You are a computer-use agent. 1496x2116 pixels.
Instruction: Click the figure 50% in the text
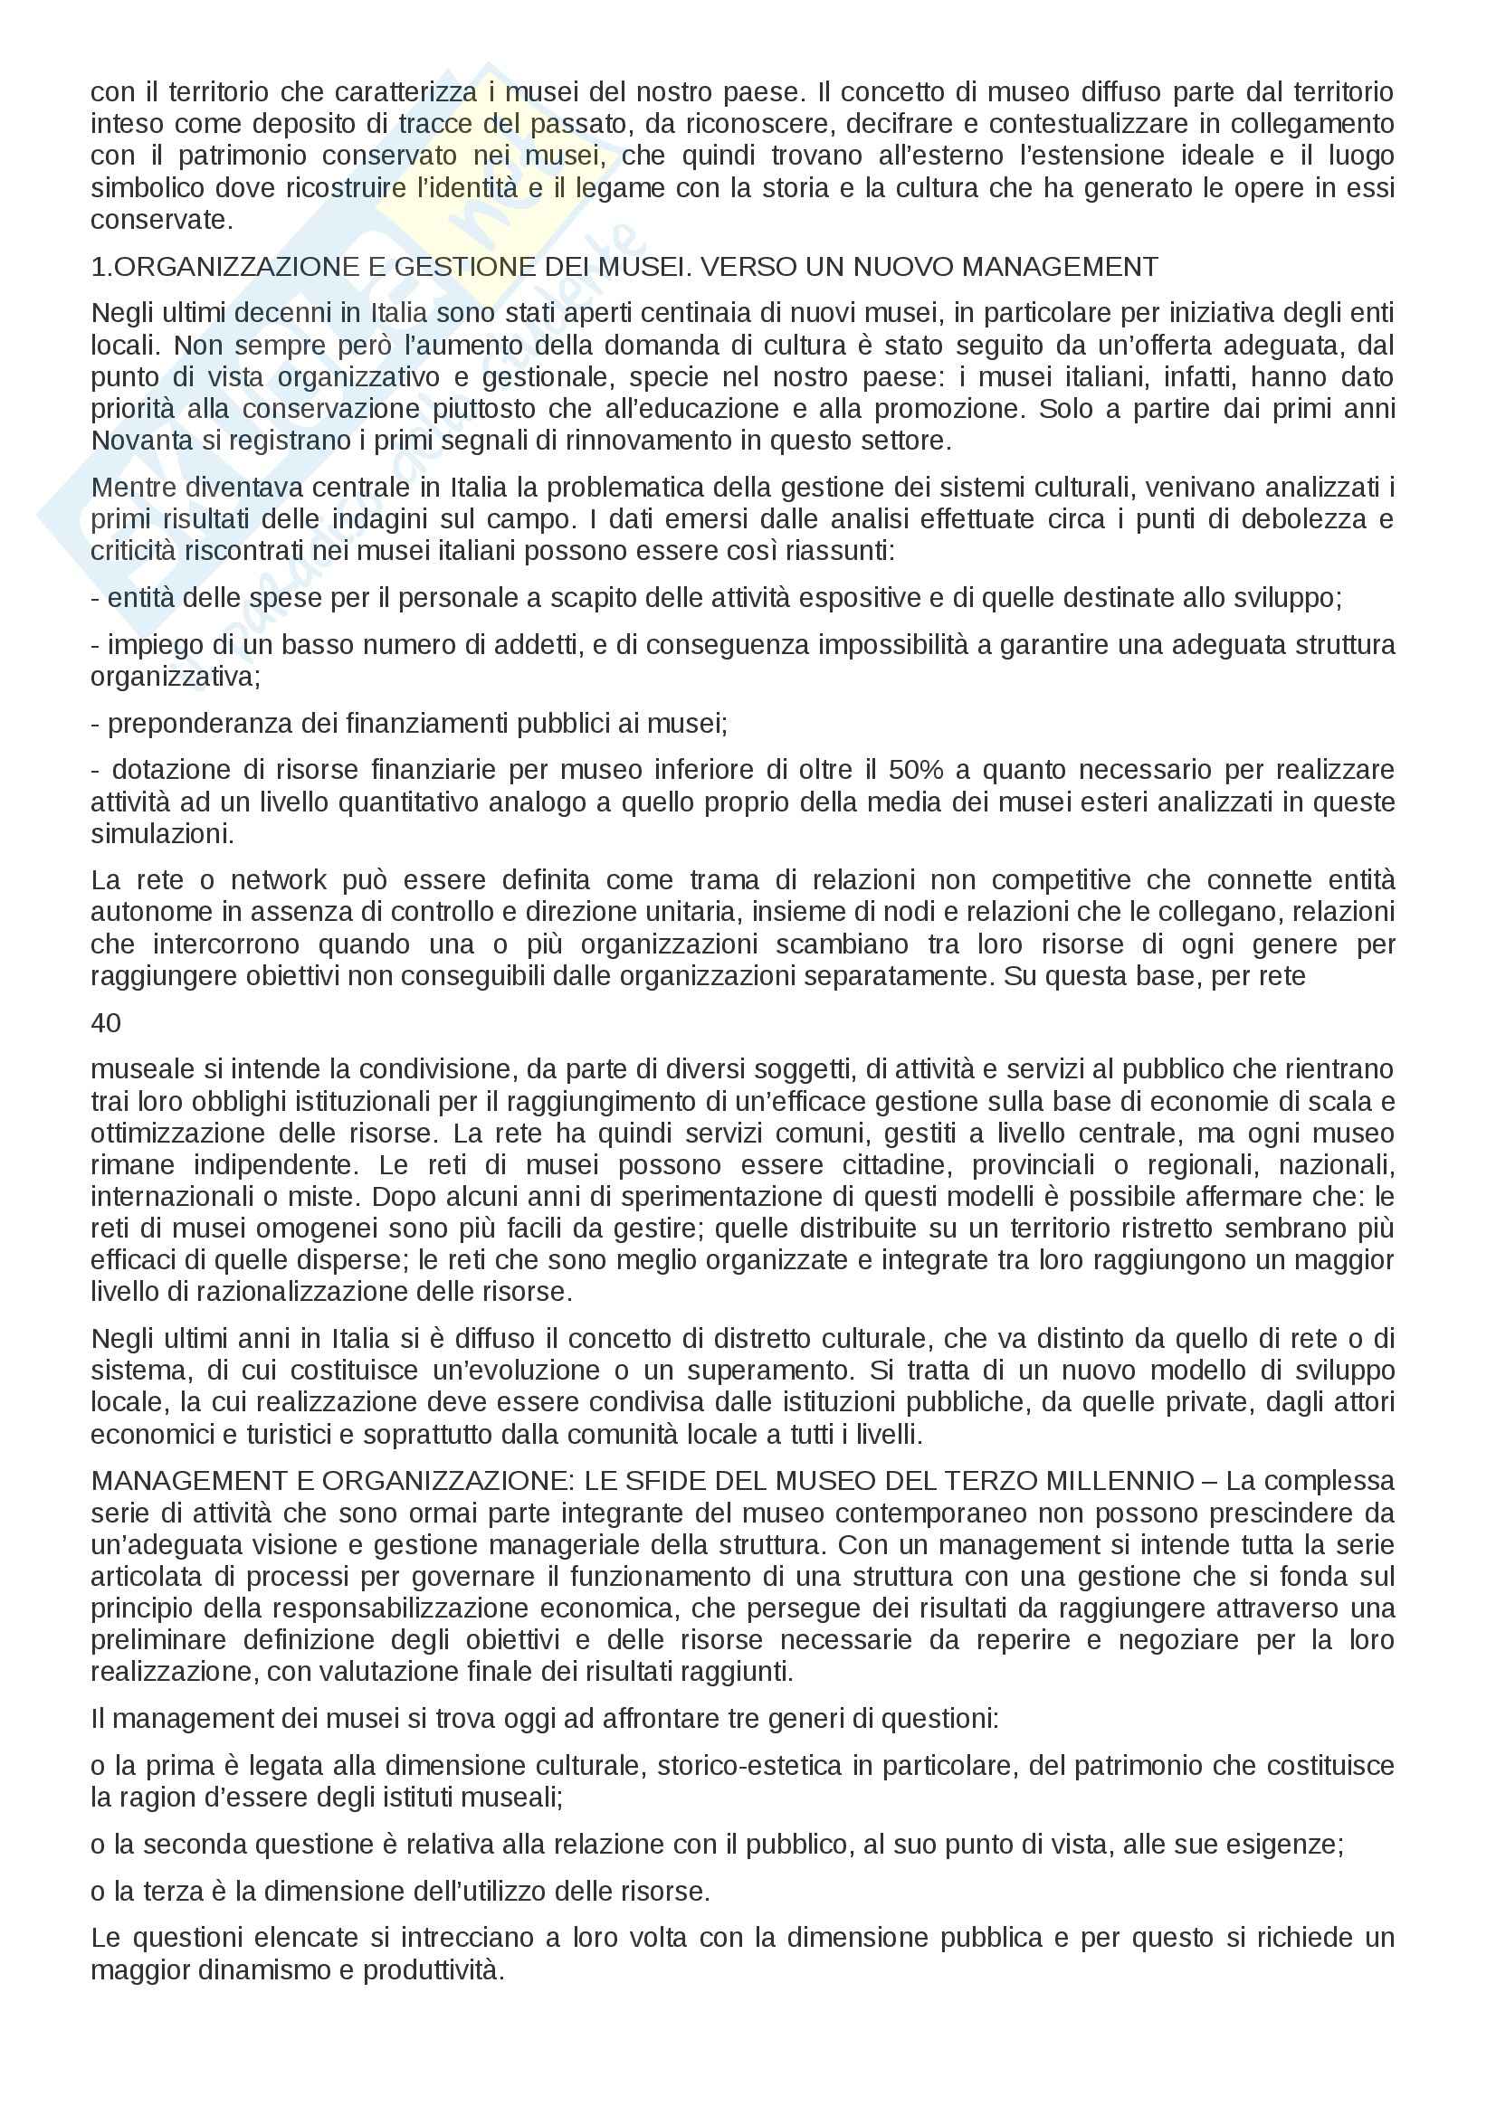point(913,770)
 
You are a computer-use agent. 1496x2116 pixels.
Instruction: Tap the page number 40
point(106,1023)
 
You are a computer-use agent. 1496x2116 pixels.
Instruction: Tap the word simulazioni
point(162,834)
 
